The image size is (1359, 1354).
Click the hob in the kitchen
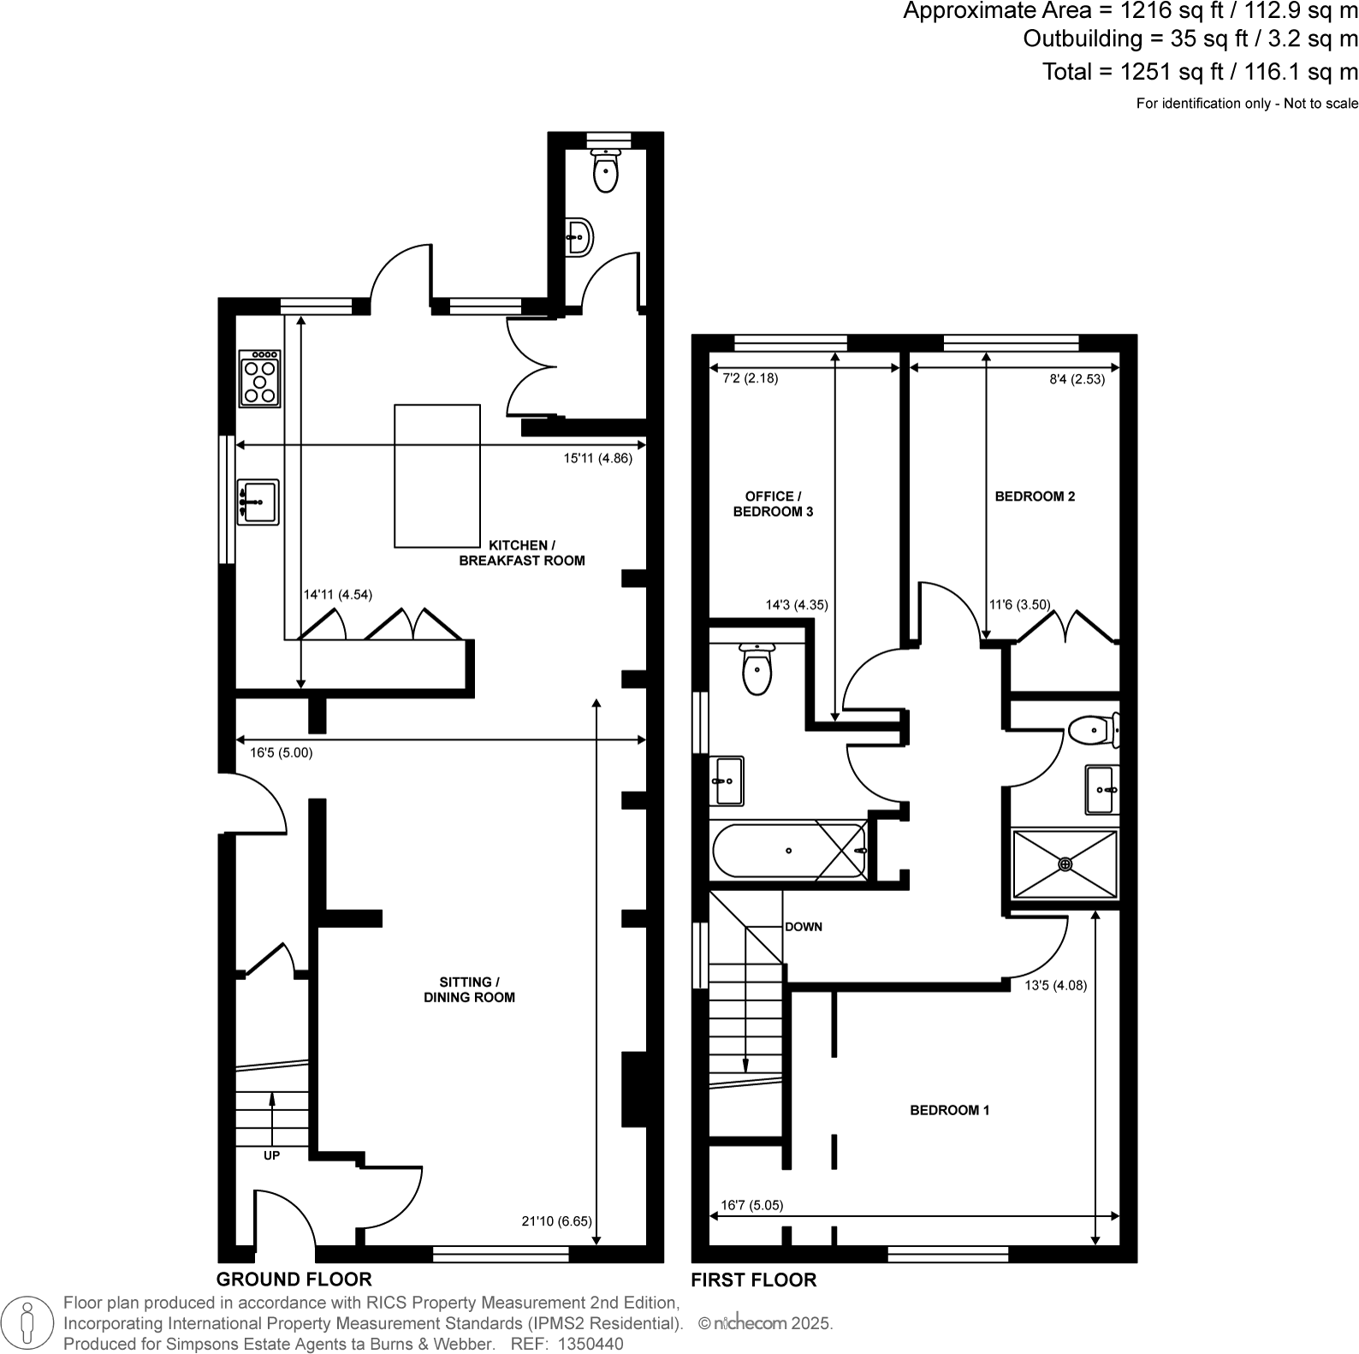coord(261,377)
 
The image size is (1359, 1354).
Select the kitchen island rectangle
coord(436,476)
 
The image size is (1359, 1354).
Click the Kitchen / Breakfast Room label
coord(521,553)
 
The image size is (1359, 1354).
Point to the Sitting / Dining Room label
coord(469,989)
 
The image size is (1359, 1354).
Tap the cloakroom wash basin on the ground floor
coord(579,235)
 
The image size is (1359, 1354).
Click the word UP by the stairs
coord(271,1155)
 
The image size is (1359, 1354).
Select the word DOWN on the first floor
coord(803,926)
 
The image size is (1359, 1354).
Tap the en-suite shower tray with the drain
coord(1065,864)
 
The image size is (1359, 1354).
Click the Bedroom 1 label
coord(949,1110)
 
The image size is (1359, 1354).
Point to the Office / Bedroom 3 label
coord(773,504)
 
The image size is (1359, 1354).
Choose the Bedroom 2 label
coord(1035,496)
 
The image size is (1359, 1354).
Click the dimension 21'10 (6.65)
coord(555,1221)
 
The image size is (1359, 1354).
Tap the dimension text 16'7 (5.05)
coord(751,1205)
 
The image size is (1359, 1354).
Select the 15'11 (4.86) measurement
coord(597,458)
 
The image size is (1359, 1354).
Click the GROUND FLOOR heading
coord(294,1280)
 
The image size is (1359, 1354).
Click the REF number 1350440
coord(590,1344)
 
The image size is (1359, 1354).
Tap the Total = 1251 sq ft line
coord(1199,72)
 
